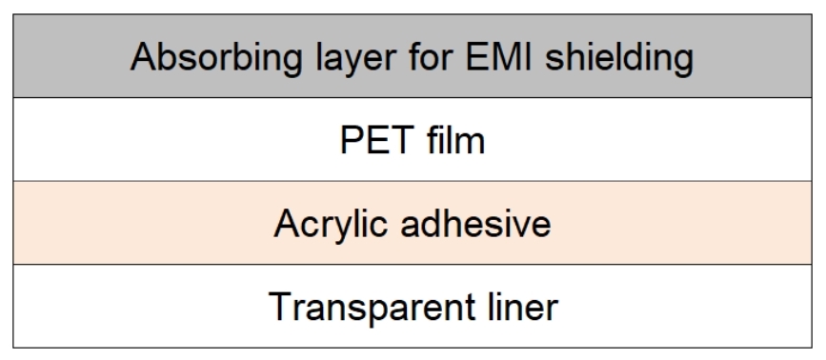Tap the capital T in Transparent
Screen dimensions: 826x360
coord(278,307)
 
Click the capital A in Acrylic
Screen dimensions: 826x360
coord(285,224)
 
